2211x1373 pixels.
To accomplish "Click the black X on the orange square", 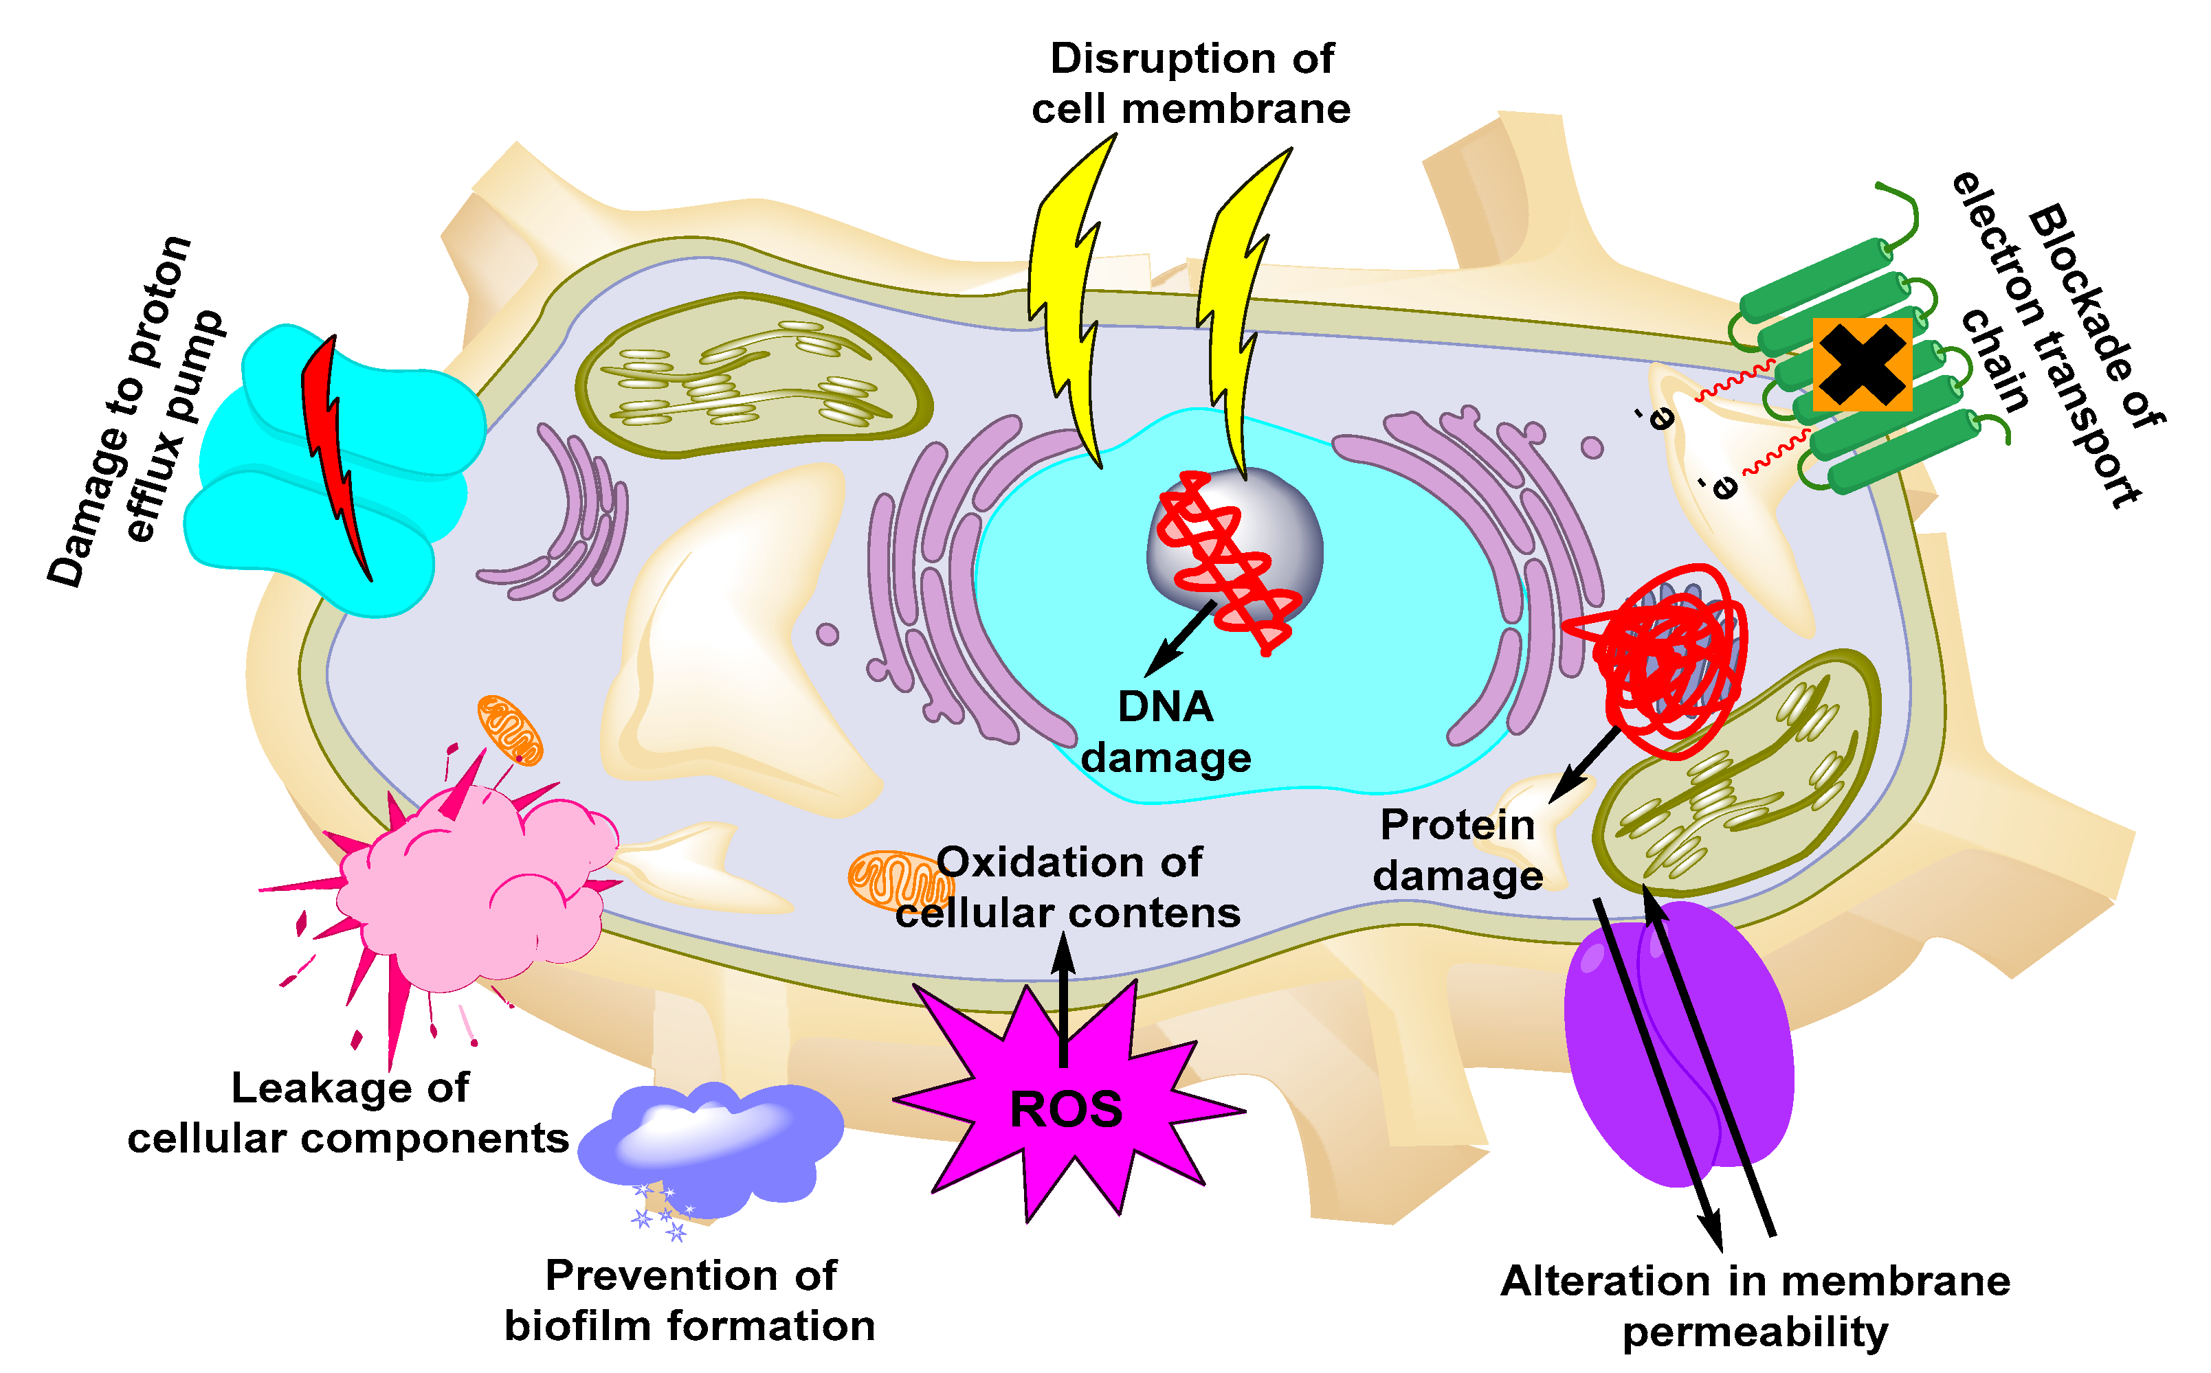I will coord(1861,364).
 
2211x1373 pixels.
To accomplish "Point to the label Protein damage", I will coord(1457,850).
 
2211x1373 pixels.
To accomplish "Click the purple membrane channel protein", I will coord(1676,1044).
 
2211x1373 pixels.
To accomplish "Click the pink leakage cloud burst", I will coord(472,885).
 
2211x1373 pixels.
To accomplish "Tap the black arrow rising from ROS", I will coord(1064,999).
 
